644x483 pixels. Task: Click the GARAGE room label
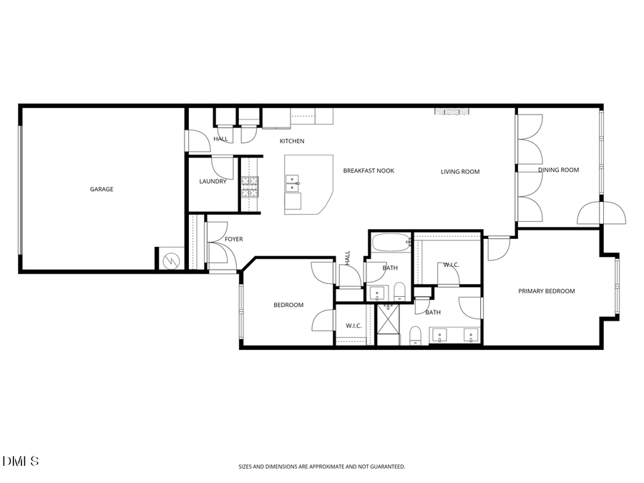(x=102, y=190)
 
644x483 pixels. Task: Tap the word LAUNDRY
(x=213, y=182)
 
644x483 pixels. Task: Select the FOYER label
(x=234, y=239)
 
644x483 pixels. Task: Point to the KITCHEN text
(x=292, y=141)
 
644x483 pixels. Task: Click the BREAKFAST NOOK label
(x=369, y=171)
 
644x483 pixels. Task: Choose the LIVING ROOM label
(x=460, y=172)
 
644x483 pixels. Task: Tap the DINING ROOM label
(x=558, y=170)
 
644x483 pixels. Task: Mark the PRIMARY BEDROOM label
(x=547, y=291)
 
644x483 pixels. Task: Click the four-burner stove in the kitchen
(x=249, y=187)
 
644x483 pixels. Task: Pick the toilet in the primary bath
(x=415, y=335)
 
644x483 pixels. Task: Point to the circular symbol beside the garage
(x=172, y=260)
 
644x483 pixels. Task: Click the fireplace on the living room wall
(x=452, y=111)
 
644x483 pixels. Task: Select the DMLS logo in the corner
(x=21, y=461)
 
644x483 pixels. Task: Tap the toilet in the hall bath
(x=400, y=292)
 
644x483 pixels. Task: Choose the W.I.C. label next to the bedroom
(x=353, y=326)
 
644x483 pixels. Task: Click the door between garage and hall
(x=196, y=141)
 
